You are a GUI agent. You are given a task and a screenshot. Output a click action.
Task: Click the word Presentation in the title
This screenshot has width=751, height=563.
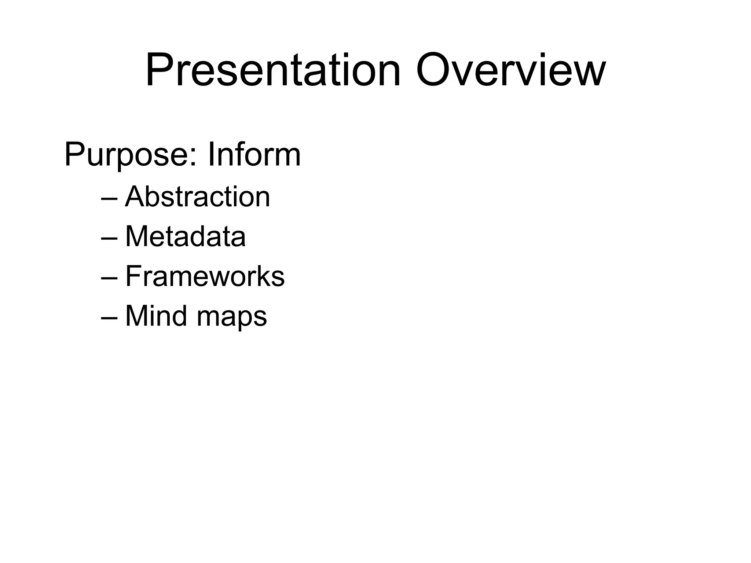tap(273, 70)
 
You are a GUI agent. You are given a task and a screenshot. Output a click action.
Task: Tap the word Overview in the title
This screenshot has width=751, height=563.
tap(510, 70)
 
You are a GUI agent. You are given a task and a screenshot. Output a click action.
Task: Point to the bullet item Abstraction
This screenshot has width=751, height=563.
tap(198, 197)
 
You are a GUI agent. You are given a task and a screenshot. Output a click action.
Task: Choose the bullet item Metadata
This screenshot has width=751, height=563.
tap(186, 236)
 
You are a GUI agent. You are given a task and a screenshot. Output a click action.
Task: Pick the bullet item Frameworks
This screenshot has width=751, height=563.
tap(205, 276)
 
